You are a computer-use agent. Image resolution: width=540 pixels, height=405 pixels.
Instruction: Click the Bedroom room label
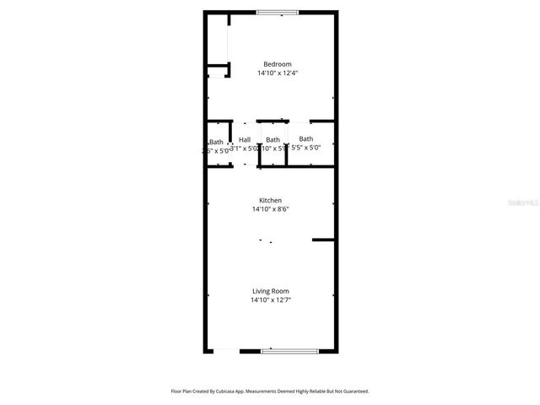(277, 64)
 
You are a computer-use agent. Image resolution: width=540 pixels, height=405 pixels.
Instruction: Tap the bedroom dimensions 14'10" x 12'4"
(277, 73)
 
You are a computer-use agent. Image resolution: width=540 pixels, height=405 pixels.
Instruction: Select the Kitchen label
(270, 200)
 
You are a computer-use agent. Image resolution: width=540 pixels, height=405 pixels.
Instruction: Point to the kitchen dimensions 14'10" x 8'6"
(270, 209)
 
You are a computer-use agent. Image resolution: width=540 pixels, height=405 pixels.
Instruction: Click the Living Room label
(270, 291)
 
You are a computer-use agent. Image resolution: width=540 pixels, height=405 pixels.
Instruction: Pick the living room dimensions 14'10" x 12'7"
(270, 300)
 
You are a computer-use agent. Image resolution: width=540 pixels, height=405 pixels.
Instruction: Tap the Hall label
(245, 139)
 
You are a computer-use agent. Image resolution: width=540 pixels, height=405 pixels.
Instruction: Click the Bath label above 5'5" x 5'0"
(305, 138)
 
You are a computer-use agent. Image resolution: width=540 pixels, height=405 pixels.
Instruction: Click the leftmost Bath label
(217, 142)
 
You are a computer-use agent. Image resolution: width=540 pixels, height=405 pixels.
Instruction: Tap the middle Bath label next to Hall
(273, 139)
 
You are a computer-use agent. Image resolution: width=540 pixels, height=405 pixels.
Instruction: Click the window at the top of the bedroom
(277, 12)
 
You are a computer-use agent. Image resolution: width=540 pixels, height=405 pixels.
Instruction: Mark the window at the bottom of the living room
(289, 350)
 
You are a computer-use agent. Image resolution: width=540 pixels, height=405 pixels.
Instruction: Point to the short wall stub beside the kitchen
(322, 240)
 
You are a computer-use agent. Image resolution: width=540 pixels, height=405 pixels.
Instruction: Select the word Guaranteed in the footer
(353, 391)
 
